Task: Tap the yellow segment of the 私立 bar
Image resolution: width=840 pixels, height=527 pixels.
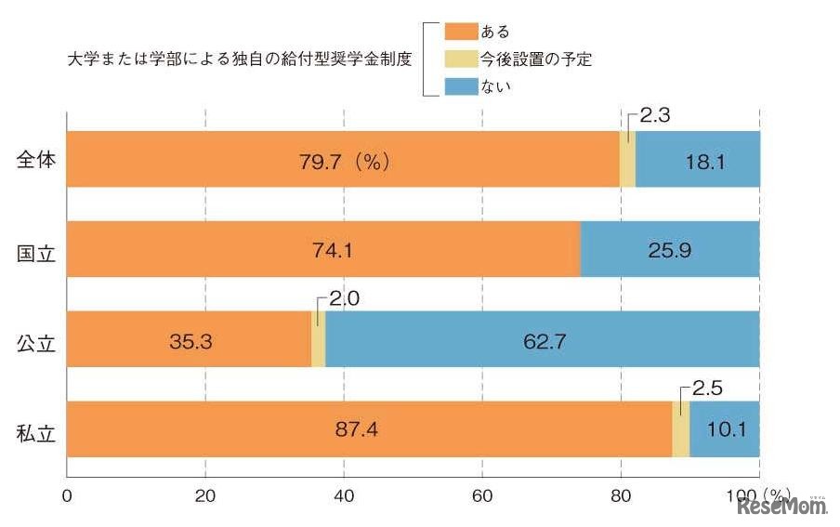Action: pyautogui.click(x=680, y=429)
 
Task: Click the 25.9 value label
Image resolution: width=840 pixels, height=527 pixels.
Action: pyautogui.click(x=669, y=249)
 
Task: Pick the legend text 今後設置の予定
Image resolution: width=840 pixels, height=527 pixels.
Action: pyautogui.click(x=537, y=59)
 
